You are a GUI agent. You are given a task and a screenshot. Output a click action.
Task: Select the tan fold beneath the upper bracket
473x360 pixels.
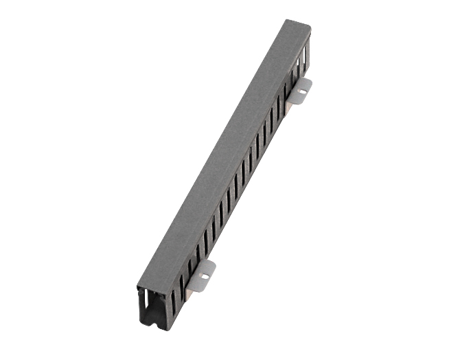(x=291, y=100)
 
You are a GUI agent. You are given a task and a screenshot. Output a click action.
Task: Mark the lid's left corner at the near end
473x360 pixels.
(x=137, y=286)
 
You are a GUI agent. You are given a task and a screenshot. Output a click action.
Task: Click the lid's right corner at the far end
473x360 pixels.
(x=311, y=30)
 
